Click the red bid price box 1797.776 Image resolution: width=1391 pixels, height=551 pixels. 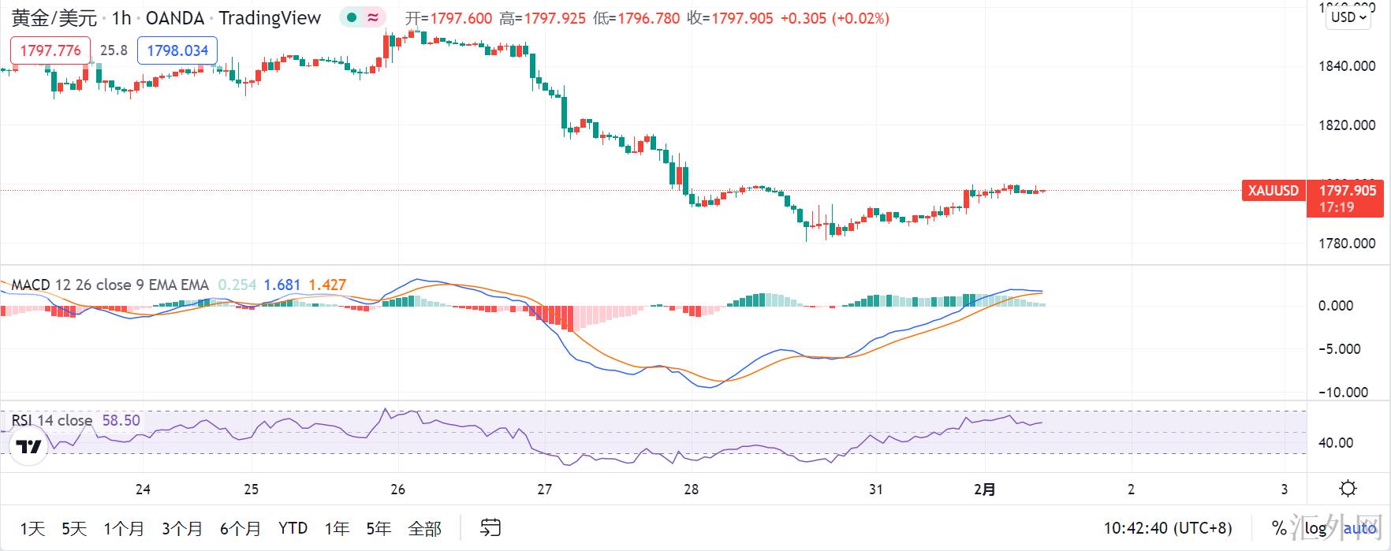pyautogui.click(x=50, y=50)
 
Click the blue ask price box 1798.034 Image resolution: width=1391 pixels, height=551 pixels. pyautogui.click(x=177, y=50)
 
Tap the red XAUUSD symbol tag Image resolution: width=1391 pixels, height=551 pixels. pyautogui.click(x=1274, y=191)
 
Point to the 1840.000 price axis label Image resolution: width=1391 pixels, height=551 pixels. pyautogui.click(x=1347, y=66)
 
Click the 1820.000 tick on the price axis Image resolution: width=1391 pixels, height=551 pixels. pyautogui.click(x=1347, y=125)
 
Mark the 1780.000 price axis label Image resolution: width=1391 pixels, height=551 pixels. pyautogui.click(x=1347, y=244)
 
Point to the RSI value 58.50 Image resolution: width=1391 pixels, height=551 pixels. pyautogui.click(x=121, y=420)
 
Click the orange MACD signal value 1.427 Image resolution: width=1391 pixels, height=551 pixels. pyautogui.click(x=327, y=285)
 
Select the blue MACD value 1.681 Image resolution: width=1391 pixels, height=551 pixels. pyautogui.click(x=282, y=285)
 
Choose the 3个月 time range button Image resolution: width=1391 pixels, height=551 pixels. pyautogui.click(x=182, y=528)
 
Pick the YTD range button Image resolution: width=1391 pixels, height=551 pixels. pyautogui.click(x=293, y=528)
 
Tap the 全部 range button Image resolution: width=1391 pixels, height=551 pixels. pyautogui.click(x=424, y=528)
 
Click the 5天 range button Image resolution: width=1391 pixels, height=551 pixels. pyautogui.click(x=74, y=528)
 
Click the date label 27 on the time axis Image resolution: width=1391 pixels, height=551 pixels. pyautogui.click(x=544, y=490)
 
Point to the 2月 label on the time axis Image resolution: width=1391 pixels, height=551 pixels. pyautogui.click(x=985, y=490)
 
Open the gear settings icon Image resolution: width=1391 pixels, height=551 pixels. pyautogui.click(x=1348, y=489)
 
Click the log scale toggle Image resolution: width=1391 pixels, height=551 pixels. pyautogui.click(x=1315, y=528)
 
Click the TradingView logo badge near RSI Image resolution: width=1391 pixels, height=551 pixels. pyautogui.click(x=29, y=448)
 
